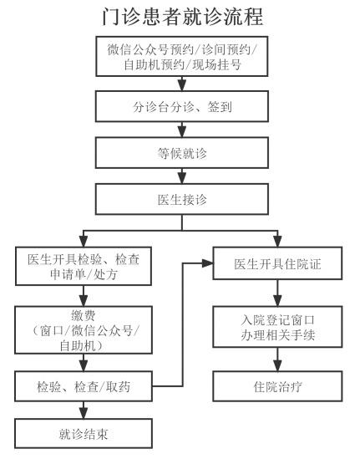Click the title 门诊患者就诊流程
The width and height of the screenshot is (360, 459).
pyautogui.click(x=182, y=17)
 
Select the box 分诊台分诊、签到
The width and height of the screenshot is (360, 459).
pyautogui.click(x=182, y=106)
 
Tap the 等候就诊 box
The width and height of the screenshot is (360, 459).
pyautogui.click(x=182, y=153)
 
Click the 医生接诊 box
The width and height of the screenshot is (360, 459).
pyautogui.click(x=182, y=199)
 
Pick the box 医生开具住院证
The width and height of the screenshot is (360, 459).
pyautogui.click(x=277, y=263)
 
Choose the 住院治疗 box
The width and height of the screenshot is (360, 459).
pyautogui.click(x=277, y=386)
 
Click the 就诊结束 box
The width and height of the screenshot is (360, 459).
pyautogui.click(x=84, y=433)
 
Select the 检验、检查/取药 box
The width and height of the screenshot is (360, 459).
pyautogui.click(x=84, y=386)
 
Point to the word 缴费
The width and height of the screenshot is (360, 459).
pyautogui.click(x=84, y=315)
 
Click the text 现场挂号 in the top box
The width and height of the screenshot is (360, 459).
pyautogui.click(x=216, y=64)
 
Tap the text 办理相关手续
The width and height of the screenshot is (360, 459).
pyautogui.click(x=277, y=335)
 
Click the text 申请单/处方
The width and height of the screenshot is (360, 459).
pyautogui.click(x=84, y=274)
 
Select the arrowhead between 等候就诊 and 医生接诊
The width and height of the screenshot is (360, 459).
pyautogui.click(x=182, y=178)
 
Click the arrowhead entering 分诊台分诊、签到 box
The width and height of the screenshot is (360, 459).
pyautogui.click(x=182, y=85)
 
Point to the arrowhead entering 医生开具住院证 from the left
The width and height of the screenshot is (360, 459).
pyautogui.click(x=207, y=263)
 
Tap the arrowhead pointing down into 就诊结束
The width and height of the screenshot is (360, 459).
pyautogui.click(x=84, y=413)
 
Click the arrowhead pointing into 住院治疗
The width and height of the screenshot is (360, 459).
pyautogui.click(x=277, y=365)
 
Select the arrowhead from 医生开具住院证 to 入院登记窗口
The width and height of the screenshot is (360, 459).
pyautogui.click(x=277, y=301)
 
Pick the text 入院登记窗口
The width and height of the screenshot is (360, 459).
pyautogui.click(x=277, y=320)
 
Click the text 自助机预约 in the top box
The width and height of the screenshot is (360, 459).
pyautogui.click(x=155, y=64)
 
